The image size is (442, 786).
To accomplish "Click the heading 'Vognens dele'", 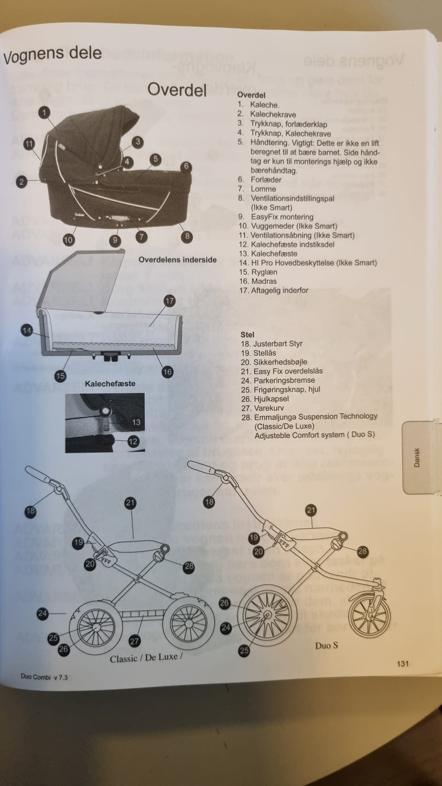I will [52, 54].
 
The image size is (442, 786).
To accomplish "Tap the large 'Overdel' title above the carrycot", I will [177, 89].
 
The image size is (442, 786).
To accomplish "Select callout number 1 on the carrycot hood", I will [44, 112].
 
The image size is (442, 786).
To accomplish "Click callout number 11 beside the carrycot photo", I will [29, 144].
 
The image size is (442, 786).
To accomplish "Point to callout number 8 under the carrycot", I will [187, 236].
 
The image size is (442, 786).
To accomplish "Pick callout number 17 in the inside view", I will [169, 301].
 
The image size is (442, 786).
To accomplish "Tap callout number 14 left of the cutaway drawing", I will [27, 330].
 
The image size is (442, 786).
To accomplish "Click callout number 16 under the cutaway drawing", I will [167, 372].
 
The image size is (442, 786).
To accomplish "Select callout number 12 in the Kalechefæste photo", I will [133, 442].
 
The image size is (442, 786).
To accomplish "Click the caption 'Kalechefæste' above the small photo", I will [110, 384].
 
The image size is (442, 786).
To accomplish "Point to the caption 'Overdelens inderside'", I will [177, 260].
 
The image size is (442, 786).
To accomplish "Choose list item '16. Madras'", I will [258, 281].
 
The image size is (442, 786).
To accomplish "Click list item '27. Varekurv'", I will [262, 408].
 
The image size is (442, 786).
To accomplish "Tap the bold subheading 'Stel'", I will [247, 335].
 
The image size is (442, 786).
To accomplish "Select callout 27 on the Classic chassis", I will [134, 641].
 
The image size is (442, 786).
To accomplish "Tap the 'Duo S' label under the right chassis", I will [326, 646].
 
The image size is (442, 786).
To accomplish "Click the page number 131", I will [402, 664].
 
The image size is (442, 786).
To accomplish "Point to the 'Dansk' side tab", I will [417, 457].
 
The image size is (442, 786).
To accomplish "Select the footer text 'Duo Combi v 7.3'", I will [44, 677].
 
